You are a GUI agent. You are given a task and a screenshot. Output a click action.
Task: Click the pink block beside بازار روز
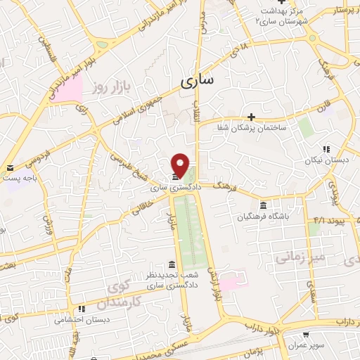pos(65,86)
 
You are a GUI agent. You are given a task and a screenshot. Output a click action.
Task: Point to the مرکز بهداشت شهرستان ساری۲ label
pos(280,15)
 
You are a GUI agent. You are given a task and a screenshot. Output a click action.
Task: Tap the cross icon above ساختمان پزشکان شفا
pos(251,117)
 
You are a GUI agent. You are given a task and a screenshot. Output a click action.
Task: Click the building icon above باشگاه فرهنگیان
pos(263,205)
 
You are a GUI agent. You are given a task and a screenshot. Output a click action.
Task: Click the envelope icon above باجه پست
pos(11,168)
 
